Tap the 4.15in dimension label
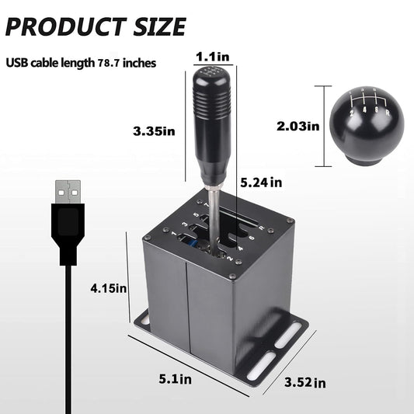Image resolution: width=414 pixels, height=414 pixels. click(109, 288)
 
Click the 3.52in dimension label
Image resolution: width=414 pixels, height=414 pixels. click(304, 382)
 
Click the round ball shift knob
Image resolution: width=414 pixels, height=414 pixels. click(364, 124)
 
